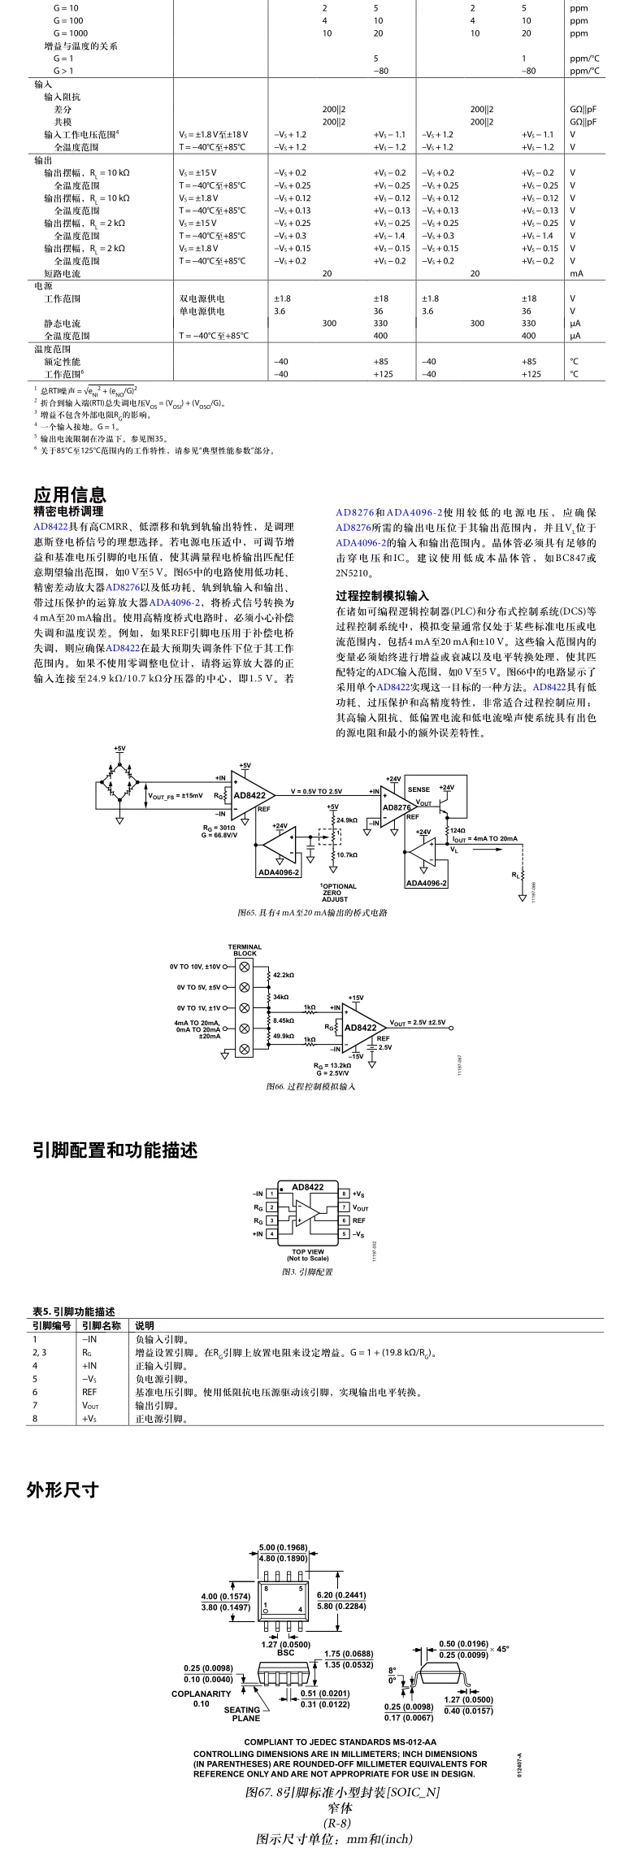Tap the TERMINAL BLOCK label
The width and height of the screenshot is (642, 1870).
point(245,950)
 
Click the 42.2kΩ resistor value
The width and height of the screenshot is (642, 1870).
point(284,974)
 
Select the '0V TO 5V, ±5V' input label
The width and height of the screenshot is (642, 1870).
point(198,987)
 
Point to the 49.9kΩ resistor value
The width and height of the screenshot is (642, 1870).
point(284,1036)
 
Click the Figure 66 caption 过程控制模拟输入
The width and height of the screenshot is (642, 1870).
point(310,1086)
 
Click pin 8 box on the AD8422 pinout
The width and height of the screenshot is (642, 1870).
point(345,1194)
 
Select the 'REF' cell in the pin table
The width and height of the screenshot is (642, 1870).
point(89,1392)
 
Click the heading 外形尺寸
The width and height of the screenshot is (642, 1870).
point(63,1490)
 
